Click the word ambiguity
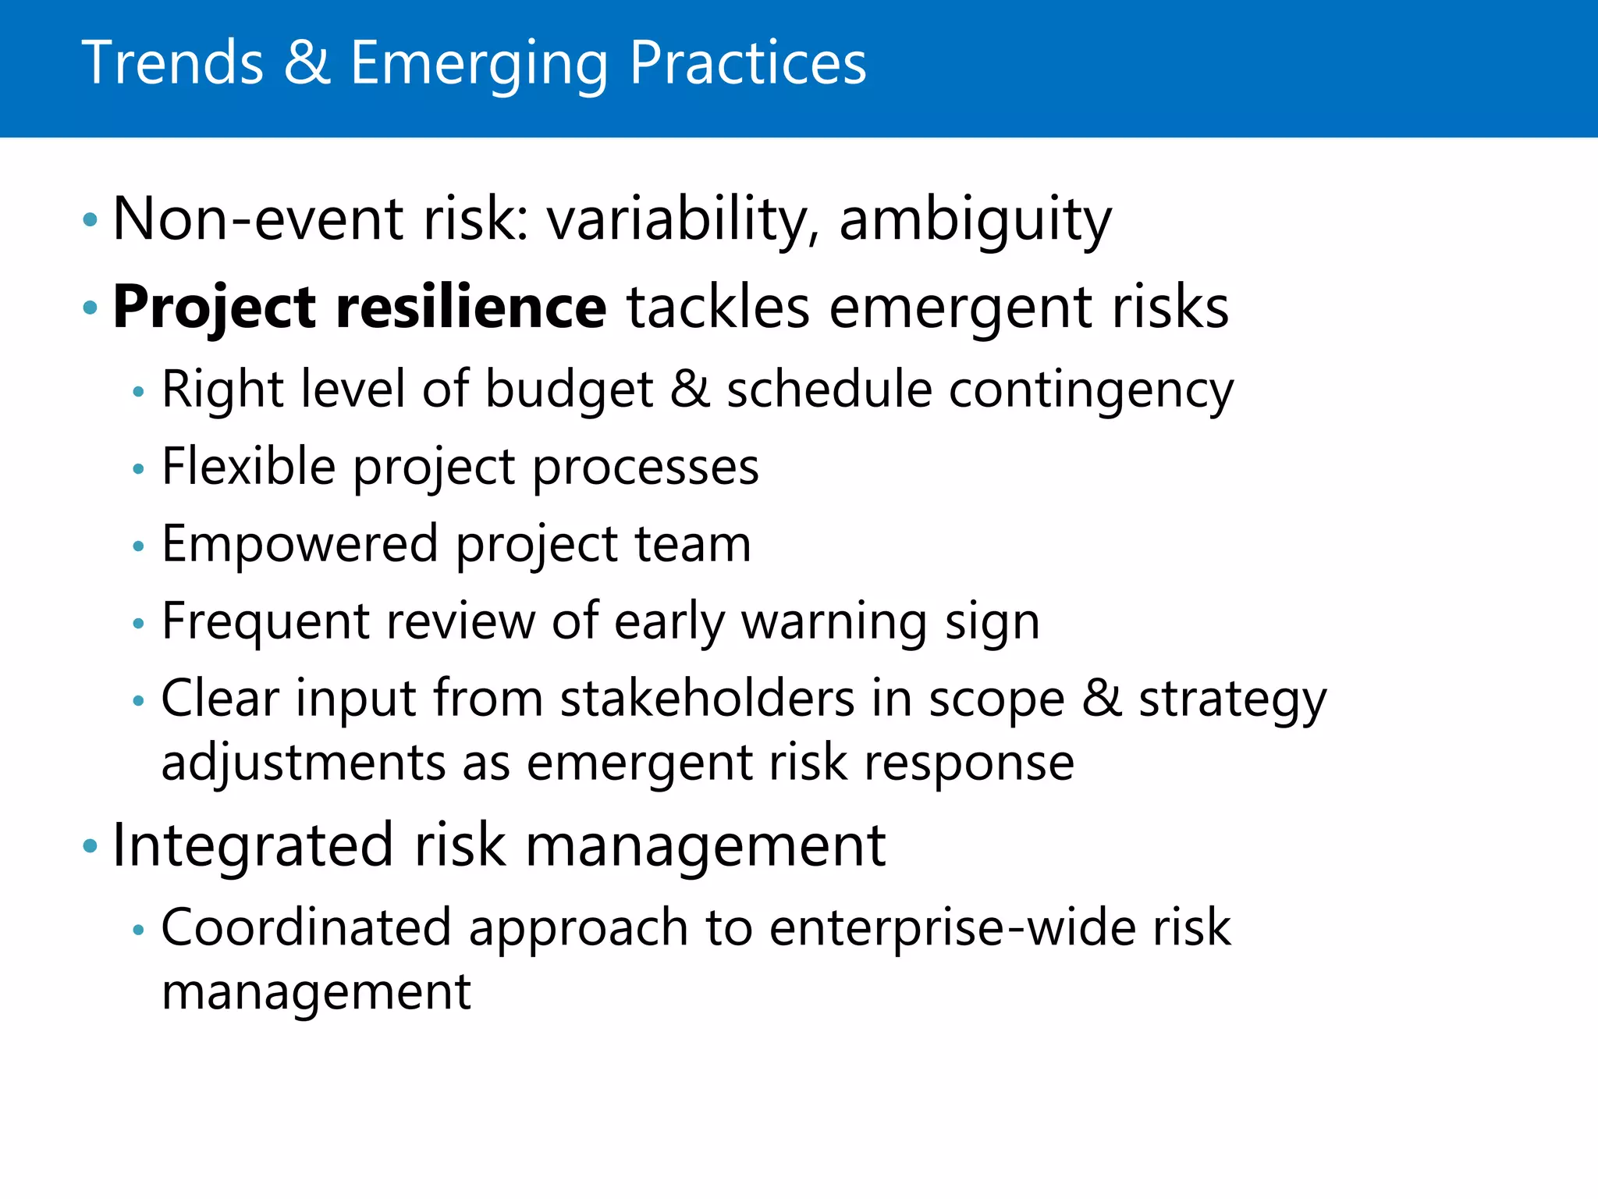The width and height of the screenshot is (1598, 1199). (x=975, y=220)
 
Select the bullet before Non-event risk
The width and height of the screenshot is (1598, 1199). (x=91, y=220)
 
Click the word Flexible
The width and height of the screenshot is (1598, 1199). (x=248, y=467)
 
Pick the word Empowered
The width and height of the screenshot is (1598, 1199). (x=300, y=544)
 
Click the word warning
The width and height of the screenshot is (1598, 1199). (x=833, y=622)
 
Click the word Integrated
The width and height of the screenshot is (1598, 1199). (x=253, y=845)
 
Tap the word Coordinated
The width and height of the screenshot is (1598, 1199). (x=306, y=927)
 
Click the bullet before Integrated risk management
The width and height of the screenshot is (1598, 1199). (x=91, y=846)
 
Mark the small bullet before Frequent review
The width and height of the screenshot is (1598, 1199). (x=139, y=624)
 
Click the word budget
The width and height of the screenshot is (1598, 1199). (x=569, y=390)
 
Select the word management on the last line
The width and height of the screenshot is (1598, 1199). (x=315, y=992)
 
